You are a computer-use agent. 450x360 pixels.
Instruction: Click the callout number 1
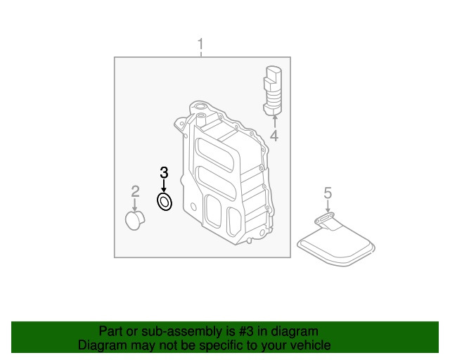pos(200,46)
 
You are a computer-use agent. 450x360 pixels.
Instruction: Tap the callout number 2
pos(135,191)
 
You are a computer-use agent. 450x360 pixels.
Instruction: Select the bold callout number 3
pos(164,172)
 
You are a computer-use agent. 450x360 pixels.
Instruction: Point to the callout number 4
pos(274,136)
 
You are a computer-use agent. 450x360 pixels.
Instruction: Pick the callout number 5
pos(327,192)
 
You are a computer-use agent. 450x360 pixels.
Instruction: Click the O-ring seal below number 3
pos(164,203)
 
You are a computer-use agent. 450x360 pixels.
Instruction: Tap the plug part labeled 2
pos(133,221)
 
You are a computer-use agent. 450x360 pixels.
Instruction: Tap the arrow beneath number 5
pos(327,207)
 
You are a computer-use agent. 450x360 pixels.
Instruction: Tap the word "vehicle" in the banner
pos(310,345)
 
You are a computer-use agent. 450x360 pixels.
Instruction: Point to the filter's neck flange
pos(323,221)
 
